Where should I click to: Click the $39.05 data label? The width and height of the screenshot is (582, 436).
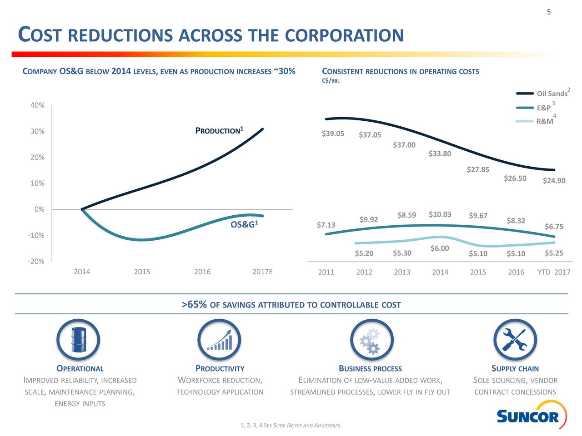[x=333, y=134]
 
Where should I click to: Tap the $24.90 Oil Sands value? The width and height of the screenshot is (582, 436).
[x=554, y=181]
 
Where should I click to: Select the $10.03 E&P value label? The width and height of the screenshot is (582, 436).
[x=440, y=214]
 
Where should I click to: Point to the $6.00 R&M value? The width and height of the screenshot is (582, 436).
[x=440, y=248]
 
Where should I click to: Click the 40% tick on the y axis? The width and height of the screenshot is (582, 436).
[x=37, y=105]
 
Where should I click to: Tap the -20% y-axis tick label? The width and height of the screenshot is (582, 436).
[x=36, y=261]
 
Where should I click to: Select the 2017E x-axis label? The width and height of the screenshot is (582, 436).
[x=262, y=272]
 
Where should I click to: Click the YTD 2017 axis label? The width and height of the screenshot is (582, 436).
[x=553, y=272]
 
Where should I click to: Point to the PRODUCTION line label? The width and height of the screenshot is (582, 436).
[x=219, y=131]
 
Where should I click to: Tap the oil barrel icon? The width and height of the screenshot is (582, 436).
[x=78, y=340]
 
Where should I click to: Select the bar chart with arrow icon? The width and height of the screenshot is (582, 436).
[x=219, y=340]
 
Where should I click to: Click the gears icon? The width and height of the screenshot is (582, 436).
[x=371, y=340]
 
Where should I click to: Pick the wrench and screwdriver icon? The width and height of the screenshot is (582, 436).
[x=515, y=340]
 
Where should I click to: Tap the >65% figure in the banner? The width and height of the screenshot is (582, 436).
[x=194, y=304]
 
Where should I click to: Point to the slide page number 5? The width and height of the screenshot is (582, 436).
[x=549, y=12]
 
